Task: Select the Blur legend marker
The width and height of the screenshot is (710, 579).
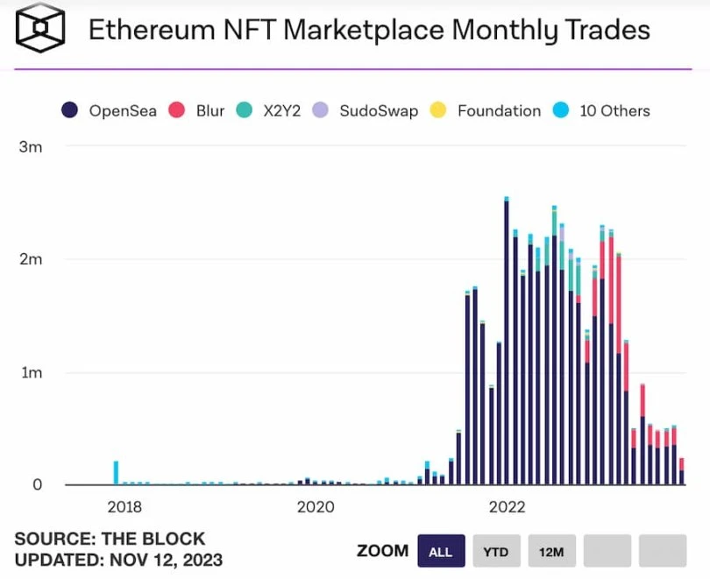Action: tap(176, 110)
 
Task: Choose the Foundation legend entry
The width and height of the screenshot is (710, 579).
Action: tap(498, 110)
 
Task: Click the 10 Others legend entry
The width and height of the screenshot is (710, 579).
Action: tap(614, 110)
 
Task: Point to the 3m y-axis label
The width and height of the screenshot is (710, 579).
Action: tap(30, 147)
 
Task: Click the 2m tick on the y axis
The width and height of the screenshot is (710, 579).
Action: tap(30, 260)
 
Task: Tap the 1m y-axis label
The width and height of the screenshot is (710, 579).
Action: tap(30, 372)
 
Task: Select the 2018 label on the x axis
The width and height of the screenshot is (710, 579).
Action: tap(124, 507)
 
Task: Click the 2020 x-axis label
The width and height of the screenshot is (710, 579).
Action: tap(315, 507)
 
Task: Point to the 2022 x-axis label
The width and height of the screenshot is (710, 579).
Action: tap(507, 507)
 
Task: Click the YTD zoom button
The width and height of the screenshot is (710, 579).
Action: tap(496, 551)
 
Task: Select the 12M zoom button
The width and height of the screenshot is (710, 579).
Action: tap(551, 551)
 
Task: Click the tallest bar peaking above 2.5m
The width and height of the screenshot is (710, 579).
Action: tap(507, 342)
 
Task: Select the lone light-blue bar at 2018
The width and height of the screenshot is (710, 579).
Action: tap(116, 473)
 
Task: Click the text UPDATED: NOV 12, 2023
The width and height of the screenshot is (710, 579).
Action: tap(118, 560)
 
